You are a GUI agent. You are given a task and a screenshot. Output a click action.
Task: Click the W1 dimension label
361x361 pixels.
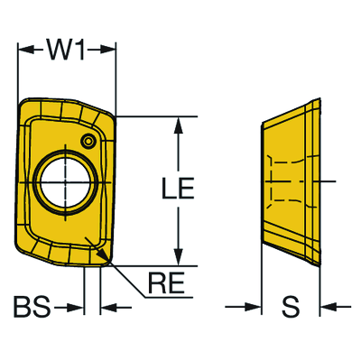tap(67, 51)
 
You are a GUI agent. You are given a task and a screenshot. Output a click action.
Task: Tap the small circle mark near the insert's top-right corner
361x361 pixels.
tap(88, 141)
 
